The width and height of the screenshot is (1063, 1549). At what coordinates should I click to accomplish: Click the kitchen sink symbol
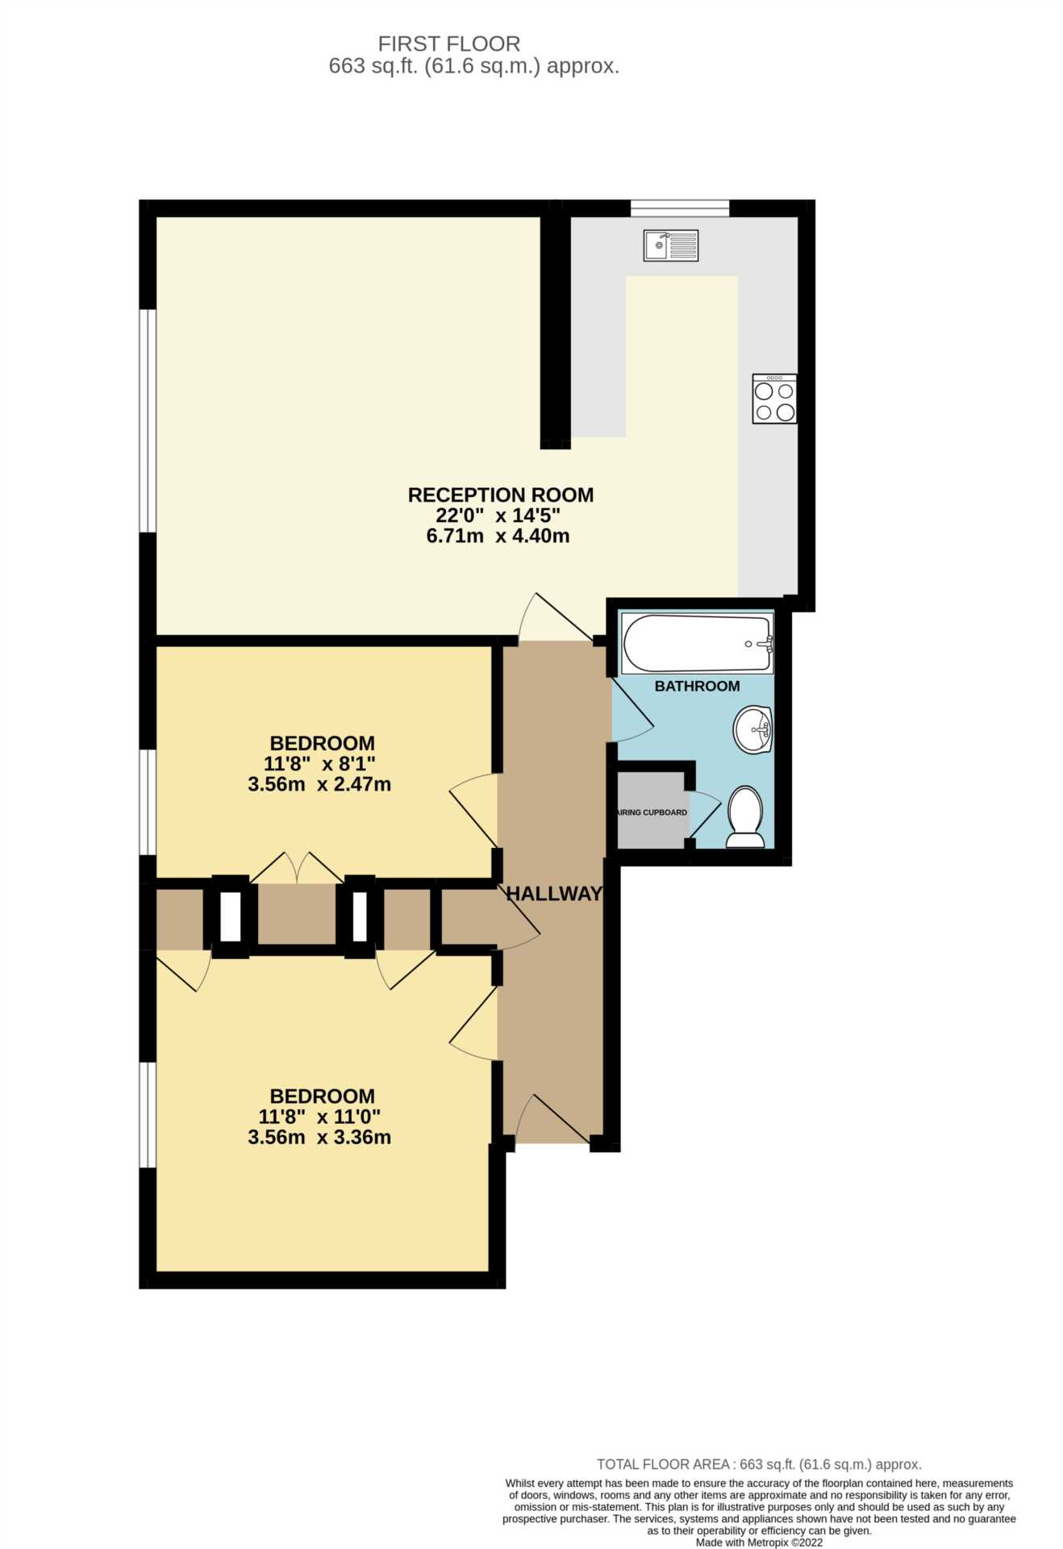(670, 245)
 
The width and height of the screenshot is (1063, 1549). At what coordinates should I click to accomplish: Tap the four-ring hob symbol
(774, 399)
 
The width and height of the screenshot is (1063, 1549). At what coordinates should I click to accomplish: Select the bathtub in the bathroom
(698, 643)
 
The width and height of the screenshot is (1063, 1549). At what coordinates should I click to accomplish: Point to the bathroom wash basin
(753, 729)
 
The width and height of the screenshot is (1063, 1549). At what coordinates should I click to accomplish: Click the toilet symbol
(745, 816)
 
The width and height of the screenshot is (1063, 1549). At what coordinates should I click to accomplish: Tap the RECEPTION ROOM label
(501, 495)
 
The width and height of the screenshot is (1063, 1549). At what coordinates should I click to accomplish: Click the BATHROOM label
(697, 686)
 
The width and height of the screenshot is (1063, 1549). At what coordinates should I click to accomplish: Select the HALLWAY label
(553, 893)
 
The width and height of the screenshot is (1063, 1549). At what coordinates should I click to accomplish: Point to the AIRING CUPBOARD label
(652, 812)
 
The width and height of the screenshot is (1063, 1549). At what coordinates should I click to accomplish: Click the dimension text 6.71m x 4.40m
(498, 536)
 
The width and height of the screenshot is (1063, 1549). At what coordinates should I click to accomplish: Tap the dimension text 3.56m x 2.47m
(319, 783)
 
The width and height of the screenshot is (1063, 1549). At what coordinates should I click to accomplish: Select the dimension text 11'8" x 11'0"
(319, 1117)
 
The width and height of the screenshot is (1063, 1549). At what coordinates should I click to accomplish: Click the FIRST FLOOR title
(449, 44)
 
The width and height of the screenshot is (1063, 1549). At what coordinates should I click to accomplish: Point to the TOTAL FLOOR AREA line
(759, 1464)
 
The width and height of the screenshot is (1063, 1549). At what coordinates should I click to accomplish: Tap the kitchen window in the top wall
(680, 208)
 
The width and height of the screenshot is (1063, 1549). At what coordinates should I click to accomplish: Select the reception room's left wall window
(148, 420)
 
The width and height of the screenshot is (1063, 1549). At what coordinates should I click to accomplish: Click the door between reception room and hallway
(556, 618)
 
